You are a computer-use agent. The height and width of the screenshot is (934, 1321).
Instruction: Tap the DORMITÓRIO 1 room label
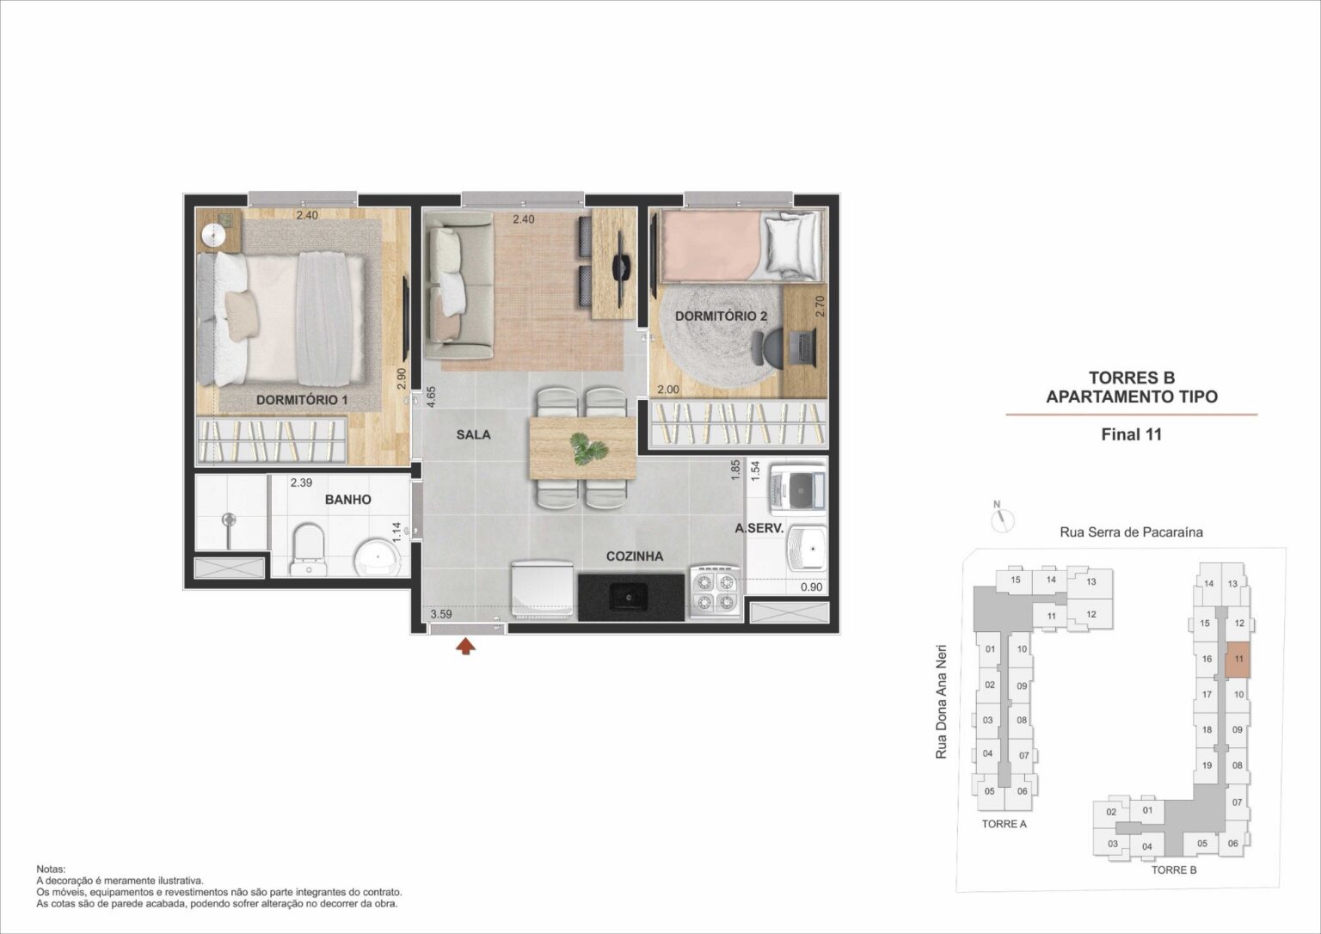301,401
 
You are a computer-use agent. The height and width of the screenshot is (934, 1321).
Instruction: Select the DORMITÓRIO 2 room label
721,316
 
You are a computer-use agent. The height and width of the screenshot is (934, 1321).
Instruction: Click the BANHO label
348,500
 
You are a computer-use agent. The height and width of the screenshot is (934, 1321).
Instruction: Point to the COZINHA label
635,556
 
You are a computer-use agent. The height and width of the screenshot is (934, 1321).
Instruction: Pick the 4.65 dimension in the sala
431,396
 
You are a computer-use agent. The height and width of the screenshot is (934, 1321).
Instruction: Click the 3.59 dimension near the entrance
441,614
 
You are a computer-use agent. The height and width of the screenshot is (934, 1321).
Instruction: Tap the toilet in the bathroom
308,550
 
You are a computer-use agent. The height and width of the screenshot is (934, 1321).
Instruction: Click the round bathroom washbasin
377,559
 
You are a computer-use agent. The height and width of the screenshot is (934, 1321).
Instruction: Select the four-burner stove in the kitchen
716,593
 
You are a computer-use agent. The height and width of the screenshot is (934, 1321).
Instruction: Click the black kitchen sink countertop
631,598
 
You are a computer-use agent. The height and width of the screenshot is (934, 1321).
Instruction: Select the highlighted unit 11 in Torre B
1238,660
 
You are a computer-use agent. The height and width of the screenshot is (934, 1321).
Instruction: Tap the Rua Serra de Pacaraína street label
1131,532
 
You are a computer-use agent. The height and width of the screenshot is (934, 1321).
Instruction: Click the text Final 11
1131,434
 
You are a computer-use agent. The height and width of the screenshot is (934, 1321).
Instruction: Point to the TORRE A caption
1004,824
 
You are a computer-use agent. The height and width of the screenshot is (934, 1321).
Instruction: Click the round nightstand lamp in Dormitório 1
212,236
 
